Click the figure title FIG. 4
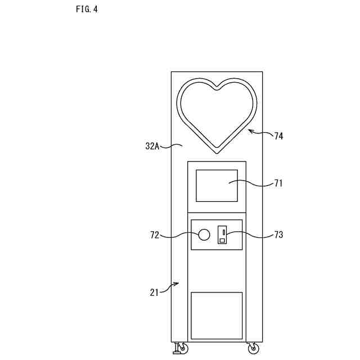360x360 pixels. pyautogui.click(x=87, y=10)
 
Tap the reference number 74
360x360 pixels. pyautogui.click(x=279, y=136)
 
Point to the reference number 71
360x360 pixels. pyautogui.click(x=279, y=183)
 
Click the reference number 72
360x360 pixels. pyautogui.click(x=155, y=235)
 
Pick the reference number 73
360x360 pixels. pyautogui.click(x=279, y=235)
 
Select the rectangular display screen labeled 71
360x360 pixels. pyautogui.click(x=217, y=186)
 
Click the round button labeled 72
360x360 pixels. pyautogui.click(x=204, y=234)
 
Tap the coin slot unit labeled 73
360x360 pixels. pyautogui.click(x=222, y=235)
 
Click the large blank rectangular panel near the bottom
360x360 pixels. pyautogui.click(x=217, y=316)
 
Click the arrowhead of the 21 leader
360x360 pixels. pyautogui.click(x=177, y=284)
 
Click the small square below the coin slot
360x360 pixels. pyautogui.click(x=222, y=240)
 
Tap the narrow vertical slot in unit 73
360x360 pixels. pyautogui.click(x=223, y=231)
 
